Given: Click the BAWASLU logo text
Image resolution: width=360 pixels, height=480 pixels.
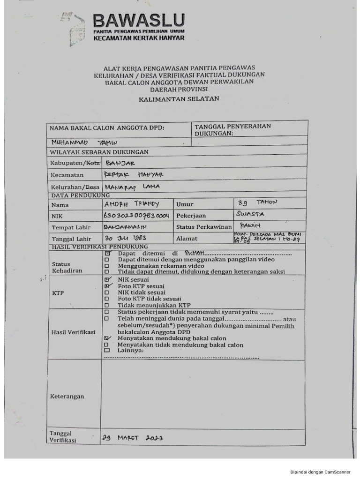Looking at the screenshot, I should click(x=139, y=20).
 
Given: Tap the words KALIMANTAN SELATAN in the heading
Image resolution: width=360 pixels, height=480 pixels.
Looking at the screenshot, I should click(x=179, y=99).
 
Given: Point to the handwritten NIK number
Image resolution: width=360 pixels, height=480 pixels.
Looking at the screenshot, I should click(x=136, y=216).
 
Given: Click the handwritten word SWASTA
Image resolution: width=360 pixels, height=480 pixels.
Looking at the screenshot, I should click(x=252, y=214).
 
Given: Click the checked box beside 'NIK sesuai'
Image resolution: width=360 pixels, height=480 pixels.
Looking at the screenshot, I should click(x=107, y=279).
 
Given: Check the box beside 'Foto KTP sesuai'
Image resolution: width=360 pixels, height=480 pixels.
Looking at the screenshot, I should click(x=107, y=285).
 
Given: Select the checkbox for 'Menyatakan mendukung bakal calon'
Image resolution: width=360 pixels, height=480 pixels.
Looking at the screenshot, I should click(x=107, y=338).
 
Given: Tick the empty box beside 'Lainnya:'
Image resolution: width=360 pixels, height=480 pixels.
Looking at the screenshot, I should click(x=107, y=351).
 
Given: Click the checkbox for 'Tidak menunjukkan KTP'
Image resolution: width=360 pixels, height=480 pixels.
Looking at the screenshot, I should click(x=107, y=305).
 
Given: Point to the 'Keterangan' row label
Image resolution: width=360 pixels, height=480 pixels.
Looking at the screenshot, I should click(x=67, y=397).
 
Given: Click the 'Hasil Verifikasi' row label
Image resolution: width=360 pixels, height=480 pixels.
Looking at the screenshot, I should click(x=73, y=332).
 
